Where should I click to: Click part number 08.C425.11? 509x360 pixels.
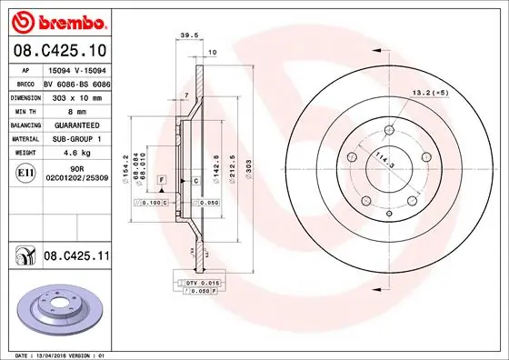(x=75, y=259)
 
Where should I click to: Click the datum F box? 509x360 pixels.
(x=161, y=182)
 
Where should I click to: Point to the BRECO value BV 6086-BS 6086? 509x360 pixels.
(x=75, y=81)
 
